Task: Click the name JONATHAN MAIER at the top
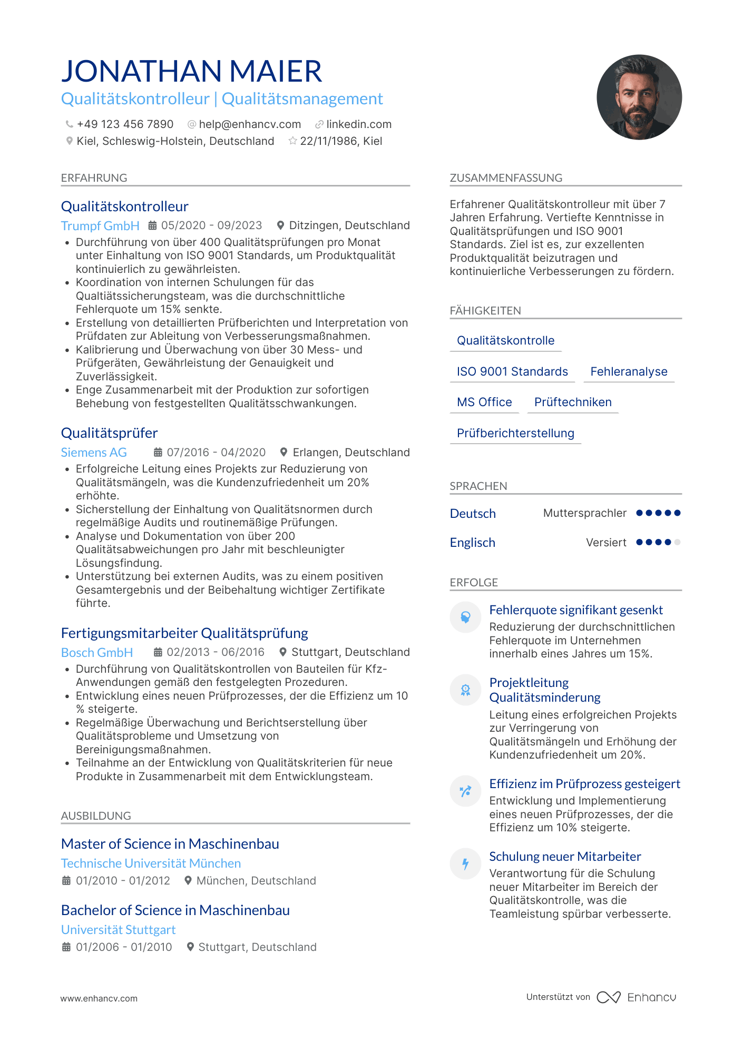coord(191,71)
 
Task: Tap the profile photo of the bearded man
coord(639,97)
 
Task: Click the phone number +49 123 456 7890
coord(125,124)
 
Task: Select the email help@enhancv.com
coord(250,124)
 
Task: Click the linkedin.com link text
coord(359,124)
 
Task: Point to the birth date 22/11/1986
coord(329,141)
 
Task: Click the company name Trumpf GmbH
coord(100,226)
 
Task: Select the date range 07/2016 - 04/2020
coord(216,453)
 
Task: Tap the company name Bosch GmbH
coord(97,653)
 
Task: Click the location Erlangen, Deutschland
coord(351,453)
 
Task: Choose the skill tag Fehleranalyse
coord(629,372)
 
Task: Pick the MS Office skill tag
coord(484,402)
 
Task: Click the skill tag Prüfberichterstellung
coord(515,434)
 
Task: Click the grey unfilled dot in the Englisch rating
coord(677,542)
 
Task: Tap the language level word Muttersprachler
coord(585,513)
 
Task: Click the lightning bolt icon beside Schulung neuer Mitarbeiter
coord(465,864)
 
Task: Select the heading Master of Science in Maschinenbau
coord(170,844)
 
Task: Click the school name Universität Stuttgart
coord(118,930)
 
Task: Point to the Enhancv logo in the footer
coord(637,997)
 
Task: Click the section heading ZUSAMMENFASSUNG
coord(506,178)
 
